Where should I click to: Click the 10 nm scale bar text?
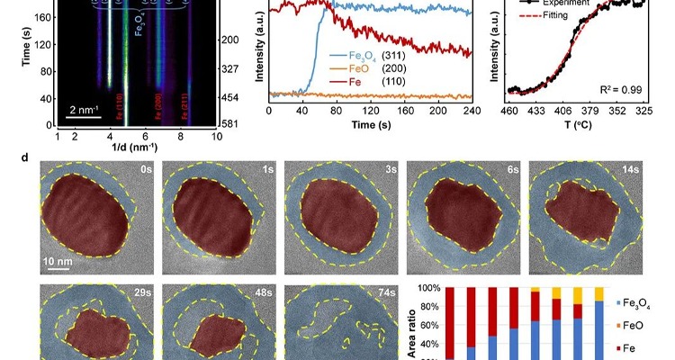(x=61, y=258)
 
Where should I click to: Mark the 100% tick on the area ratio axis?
(x=431, y=289)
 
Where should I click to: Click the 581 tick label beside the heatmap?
(x=229, y=123)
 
